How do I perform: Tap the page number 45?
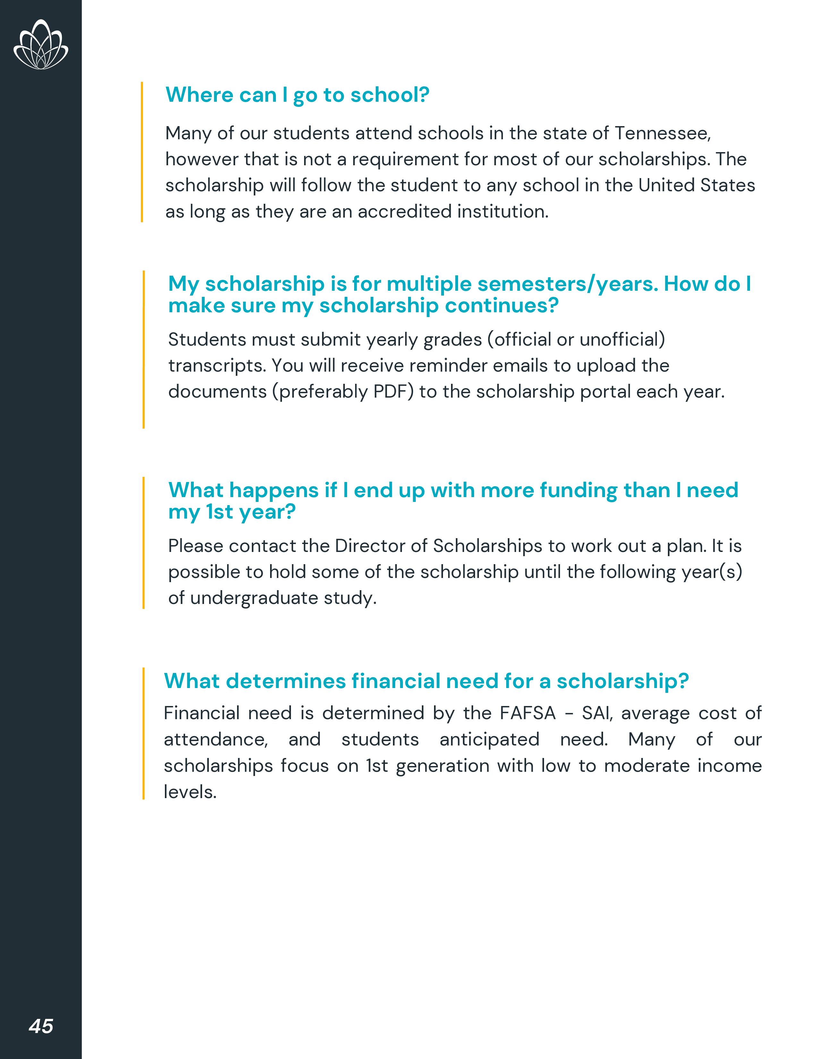coord(41,1026)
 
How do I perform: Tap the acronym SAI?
coord(597,713)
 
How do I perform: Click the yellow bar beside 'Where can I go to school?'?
coord(142,152)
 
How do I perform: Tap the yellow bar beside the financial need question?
coord(143,733)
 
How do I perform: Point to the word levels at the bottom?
coord(190,792)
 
